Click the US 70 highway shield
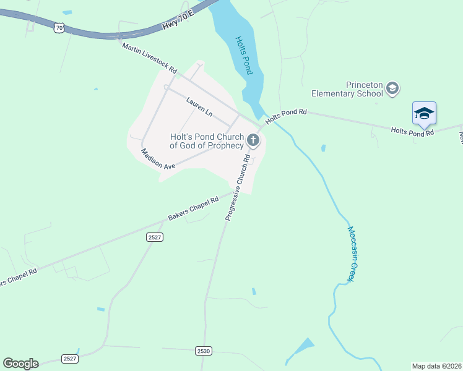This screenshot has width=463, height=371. (59, 28)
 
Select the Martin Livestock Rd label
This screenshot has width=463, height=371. (150, 56)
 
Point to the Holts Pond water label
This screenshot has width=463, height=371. (244, 55)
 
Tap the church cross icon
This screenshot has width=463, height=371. (253, 140)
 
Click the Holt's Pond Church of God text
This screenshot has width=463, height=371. (207, 141)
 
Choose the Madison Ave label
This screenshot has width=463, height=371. (158, 160)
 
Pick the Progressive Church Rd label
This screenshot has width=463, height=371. (238, 187)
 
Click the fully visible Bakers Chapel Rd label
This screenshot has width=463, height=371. (194, 209)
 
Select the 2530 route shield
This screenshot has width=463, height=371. (204, 351)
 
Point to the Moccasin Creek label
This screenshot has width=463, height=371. (350, 254)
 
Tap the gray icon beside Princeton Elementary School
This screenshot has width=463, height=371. (392, 90)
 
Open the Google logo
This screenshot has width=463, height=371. (20, 363)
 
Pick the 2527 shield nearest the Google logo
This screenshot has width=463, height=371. (70, 359)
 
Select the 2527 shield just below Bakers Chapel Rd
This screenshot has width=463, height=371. (155, 237)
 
